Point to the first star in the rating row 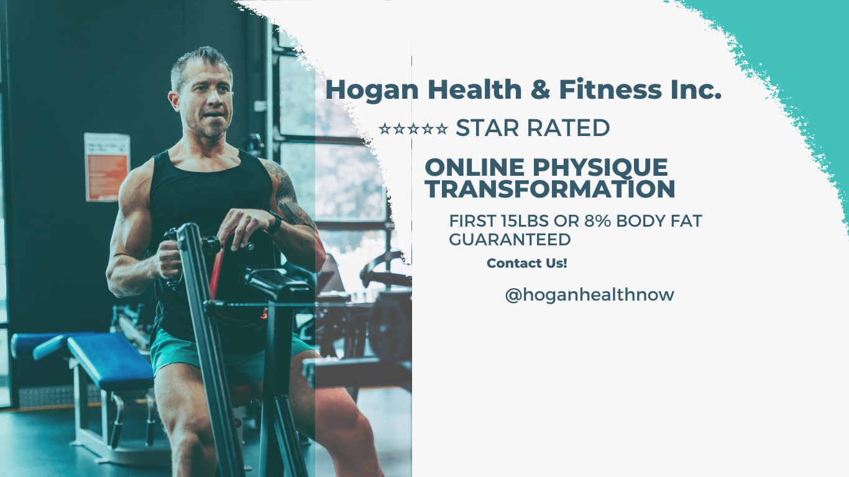[x=385, y=129]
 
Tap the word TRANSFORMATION [x=549, y=189]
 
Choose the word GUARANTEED [x=510, y=240]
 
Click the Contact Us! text [x=527, y=263]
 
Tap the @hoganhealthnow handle [x=590, y=295]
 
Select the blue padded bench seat [x=110, y=360]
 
